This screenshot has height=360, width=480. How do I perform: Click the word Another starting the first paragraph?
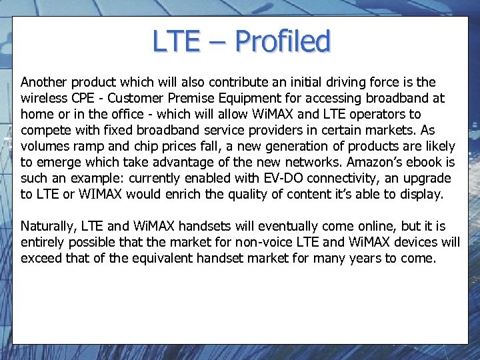(x=44, y=83)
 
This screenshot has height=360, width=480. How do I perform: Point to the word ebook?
(x=422, y=163)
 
